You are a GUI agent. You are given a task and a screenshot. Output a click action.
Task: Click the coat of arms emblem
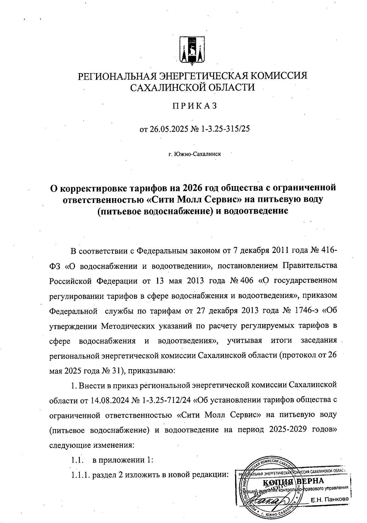[192, 51]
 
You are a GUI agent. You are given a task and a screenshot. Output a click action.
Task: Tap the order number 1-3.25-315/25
[224, 129]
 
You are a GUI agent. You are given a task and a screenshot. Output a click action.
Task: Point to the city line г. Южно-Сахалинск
[195, 154]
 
